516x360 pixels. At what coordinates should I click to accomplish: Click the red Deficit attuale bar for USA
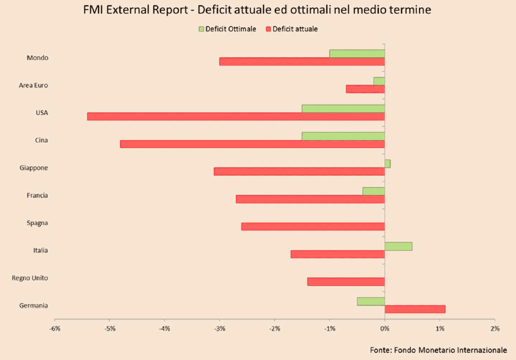[x=236, y=116]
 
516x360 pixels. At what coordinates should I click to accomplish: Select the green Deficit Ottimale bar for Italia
[x=398, y=246]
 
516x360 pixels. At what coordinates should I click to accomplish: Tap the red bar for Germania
[x=415, y=309]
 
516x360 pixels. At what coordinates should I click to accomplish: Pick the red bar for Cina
[x=252, y=144]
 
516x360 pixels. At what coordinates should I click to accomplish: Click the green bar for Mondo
[x=357, y=54]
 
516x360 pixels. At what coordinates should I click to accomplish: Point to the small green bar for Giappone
[x=388, y=164]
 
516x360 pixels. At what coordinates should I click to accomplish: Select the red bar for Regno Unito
[x=346, y=281]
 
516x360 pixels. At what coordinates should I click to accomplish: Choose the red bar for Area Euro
[x=365, y=89]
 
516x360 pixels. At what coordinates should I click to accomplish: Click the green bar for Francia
[x=374, y=191]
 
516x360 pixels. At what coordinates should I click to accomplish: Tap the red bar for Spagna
[x=313, y=226]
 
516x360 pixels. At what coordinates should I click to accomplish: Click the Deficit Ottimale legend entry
[x=227, y=29]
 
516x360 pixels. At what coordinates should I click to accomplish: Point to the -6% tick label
[x=55, y=328]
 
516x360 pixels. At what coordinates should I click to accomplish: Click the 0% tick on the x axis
[x=384, y=328]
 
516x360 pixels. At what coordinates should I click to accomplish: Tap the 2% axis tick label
[x=494, y=328]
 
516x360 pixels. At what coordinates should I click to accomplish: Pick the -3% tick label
[x=219, y=328]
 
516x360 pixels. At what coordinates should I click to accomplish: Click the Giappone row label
[x=34, y=168]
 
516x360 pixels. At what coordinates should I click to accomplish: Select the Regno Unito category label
[x=30, y=278]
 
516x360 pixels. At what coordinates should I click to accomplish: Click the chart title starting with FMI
[x=257, y=10]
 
